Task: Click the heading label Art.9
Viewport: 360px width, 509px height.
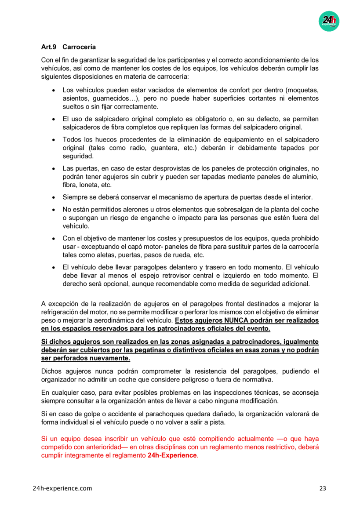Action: (x=48, y=47)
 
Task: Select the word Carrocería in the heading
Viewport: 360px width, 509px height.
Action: (x=80, y=47)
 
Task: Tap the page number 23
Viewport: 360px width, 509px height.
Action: (x=322, y=488)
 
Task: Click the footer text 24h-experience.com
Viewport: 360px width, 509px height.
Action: (x=62, y=488)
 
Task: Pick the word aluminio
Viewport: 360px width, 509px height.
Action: (x=305, y=177)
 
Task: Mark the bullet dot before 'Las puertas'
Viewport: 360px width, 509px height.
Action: (x=53, y=168)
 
